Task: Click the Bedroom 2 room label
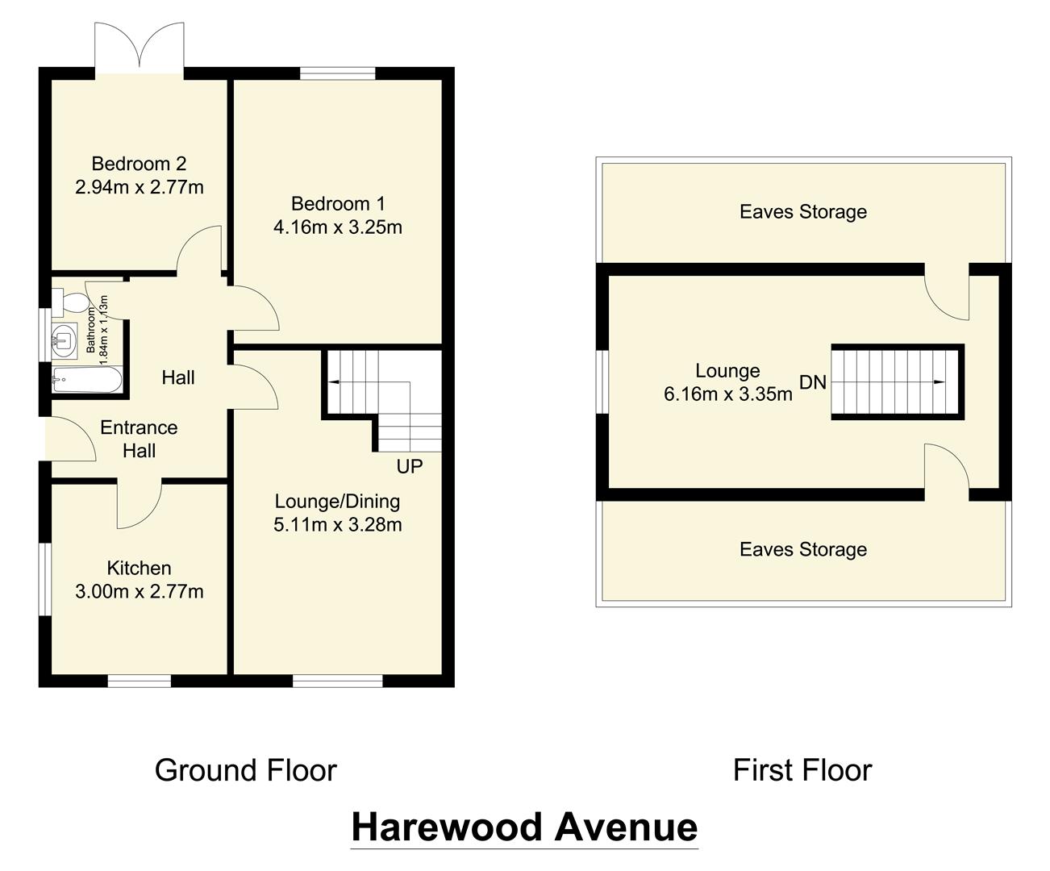[139, 164]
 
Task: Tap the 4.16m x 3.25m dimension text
[337, 227]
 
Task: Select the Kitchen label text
[139, 568]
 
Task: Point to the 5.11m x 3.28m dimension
[337, 525]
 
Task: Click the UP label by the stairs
[409, 467]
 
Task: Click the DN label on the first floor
[813, 382]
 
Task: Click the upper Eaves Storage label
[803, 212]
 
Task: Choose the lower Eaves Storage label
[803, 550]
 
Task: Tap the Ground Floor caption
[245, 770]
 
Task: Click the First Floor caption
[802, 770]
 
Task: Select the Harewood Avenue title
[524, 827]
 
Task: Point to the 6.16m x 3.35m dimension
[727, 394]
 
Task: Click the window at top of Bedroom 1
[338, 73]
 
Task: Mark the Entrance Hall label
[139, 439]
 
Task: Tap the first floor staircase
[895, 381]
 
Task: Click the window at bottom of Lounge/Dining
[337, 681]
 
